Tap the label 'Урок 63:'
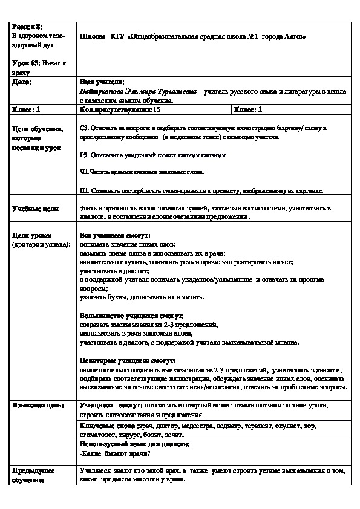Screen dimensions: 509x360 (x=24, y=63)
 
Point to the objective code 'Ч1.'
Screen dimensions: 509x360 (x=84, y=172)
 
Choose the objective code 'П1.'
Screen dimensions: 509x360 (x=84, y=190)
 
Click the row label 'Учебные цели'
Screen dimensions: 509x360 (x=35, y=209)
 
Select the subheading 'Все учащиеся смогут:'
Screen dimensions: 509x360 (x=115, y=235)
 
